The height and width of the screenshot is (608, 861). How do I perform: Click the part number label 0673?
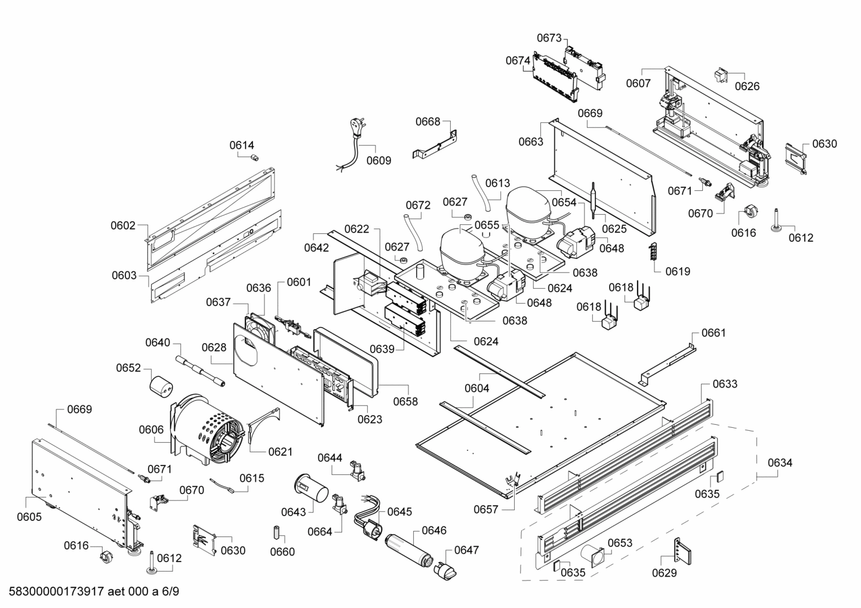(x=549, y=38)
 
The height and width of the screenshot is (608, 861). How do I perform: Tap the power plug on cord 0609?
(x=356, y=128)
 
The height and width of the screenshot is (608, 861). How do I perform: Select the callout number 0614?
(x=242, y=145)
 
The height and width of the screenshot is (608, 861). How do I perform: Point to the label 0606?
(x=151, y=430)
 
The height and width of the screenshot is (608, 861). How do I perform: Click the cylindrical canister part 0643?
(x=311, y=488)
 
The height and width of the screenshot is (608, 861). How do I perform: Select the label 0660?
(x=282, y=551)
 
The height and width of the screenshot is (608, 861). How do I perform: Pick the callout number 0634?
(x=780, y=462)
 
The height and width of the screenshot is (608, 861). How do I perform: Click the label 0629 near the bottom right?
(x=664, y=573)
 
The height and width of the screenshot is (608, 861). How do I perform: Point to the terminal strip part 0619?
(x=652, y=251)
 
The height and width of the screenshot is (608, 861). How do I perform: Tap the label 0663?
(x=531, y=142)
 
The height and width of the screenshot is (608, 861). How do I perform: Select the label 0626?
(x=747, y=86)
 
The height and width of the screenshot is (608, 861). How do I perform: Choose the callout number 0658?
(x=405, y=402)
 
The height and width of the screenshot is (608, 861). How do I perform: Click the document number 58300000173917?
(x=56, y=591)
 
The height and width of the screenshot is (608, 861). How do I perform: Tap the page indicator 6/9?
(x=170, y=591)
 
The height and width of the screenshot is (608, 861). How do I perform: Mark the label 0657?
(x=486, y=510)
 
